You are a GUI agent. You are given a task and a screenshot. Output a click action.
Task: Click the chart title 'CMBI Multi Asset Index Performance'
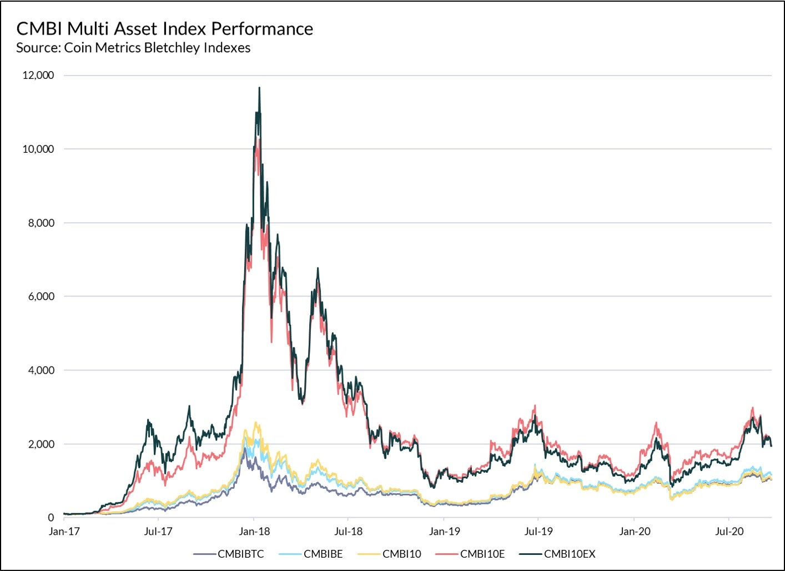(x=164, y=28)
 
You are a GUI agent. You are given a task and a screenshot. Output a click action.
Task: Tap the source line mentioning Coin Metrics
(x=133, y=48)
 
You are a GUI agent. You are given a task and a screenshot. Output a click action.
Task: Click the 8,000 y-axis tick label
(x=41, y=223)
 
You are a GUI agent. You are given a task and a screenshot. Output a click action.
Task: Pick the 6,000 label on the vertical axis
(x=41, y=297)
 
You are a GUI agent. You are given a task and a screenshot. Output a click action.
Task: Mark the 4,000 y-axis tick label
(x=41, y=370)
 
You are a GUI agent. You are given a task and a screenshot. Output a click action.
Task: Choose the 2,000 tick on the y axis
(x=41, y=444)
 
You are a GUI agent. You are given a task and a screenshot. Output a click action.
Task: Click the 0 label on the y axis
(x=51, y=518)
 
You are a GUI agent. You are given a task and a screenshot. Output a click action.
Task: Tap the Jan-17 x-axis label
(x=64, y=532)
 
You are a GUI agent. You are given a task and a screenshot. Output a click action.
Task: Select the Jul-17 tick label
(x=158, y=532)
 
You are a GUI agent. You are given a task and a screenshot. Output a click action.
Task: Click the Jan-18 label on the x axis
(x=254, y=532)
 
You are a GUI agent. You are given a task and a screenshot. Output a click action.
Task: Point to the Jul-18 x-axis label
(x=348, y=532)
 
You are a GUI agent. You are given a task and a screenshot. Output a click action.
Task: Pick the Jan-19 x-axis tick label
(x=444, y=532)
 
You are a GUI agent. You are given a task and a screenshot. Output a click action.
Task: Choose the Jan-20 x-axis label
(x=635, y=532)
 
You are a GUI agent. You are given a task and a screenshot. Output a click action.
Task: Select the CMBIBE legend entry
(x=323, y=554)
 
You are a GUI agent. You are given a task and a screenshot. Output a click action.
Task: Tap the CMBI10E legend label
(x=482, y=554)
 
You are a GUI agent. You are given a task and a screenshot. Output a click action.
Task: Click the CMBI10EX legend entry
(x=569, y=554)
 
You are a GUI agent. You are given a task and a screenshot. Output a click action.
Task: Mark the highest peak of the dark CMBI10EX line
(x=259, y=88)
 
